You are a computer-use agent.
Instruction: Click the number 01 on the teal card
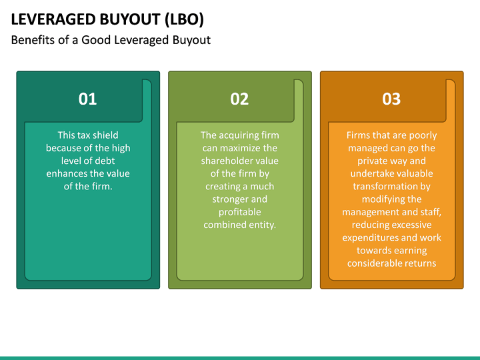(87, 99)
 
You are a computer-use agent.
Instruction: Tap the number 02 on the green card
(239, 99)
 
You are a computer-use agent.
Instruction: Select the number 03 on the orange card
(391, 99)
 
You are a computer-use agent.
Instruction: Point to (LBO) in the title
(181, 18)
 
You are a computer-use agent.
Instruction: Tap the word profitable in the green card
(239, 212)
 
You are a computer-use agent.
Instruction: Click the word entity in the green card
(261, 225)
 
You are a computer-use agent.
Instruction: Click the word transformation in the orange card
(391, 186)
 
